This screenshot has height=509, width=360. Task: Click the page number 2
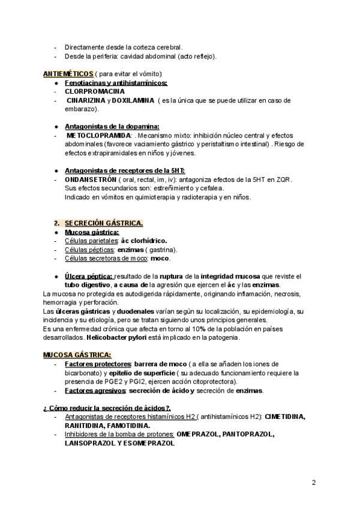coord(313,482)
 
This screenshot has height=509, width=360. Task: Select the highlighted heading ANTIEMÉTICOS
coord(68,74)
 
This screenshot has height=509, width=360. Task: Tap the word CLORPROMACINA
coord(95,91)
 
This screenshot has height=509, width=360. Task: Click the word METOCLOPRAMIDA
coord(99,135)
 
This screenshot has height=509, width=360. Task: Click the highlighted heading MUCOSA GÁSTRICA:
coord(77,355)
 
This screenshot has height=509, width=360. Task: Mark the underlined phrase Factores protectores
coord(98,364)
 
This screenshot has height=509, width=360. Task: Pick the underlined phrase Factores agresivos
coord(95,391)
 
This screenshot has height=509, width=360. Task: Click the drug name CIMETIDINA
coord(285,417)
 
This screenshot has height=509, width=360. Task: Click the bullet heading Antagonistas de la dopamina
coord(112,126)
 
